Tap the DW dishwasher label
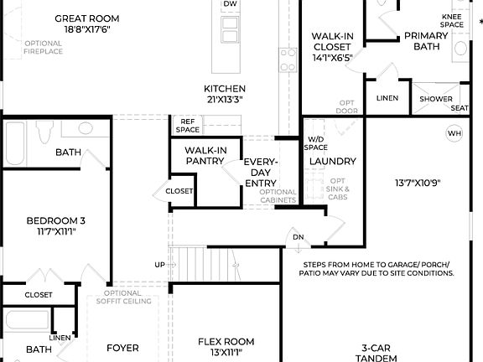[x=230, y=4]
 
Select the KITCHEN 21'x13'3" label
[x=225, y=94]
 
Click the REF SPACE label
[x=187, y=125]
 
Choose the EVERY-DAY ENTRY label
[x=261, y=172]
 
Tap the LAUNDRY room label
[x=332, y=161]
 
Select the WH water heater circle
[x=454, y=133]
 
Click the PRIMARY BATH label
[x=426, y=41]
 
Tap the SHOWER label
[x=436, y=99]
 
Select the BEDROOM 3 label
[x=56, y=226]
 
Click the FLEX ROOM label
[x=226, y=347]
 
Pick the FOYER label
[x=122, y=348]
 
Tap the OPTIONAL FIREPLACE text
[x=43, y=47]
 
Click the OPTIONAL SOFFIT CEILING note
[x=128, y=297]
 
